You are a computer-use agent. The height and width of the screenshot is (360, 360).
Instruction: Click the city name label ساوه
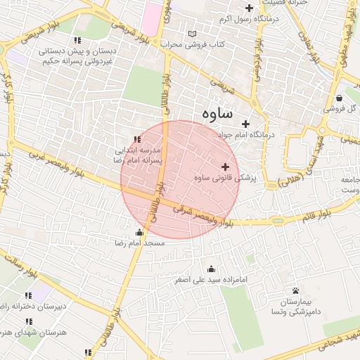[x=217, y=113]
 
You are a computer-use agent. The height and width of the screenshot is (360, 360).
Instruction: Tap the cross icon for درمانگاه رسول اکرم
[x=249, y=8]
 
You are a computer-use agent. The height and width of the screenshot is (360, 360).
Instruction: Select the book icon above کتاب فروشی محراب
[x=193, y=34]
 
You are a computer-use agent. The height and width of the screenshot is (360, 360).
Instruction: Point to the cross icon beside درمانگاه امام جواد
[x=245, y=124]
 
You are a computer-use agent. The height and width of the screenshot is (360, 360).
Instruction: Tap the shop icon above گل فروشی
[x=340, y=98]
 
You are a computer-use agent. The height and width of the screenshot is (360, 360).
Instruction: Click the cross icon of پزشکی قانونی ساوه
[x=225, y=167]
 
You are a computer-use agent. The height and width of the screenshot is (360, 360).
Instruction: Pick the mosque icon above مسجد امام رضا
[x=139, y=232]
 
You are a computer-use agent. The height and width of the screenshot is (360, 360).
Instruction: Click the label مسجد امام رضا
[x=139, y=243]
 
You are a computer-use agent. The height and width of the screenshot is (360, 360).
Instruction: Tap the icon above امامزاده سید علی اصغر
[x=211, y=269]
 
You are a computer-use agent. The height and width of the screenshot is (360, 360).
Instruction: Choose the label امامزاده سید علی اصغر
[x=211, y=280]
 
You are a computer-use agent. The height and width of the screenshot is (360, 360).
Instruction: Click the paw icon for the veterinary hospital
[x=295, y=290]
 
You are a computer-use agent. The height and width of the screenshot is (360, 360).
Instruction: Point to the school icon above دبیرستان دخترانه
[x=28, y=295]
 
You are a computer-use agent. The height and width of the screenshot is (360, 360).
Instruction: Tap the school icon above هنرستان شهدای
[x=29, y=321]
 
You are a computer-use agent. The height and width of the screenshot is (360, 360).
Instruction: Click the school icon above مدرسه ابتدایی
[x=136, y=139]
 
